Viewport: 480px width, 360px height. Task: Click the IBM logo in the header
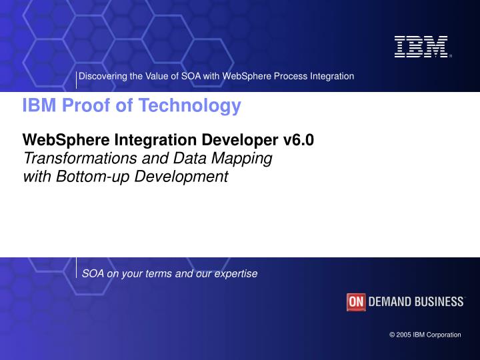click(x=421, y=47)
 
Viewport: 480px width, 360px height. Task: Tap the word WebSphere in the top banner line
click(x=244, y=76)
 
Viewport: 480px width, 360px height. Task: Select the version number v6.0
click(x=298, y=140)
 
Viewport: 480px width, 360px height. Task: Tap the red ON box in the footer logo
click(x=356, y=302)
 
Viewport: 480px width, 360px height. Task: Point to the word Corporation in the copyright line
click(x=443, y=335)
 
